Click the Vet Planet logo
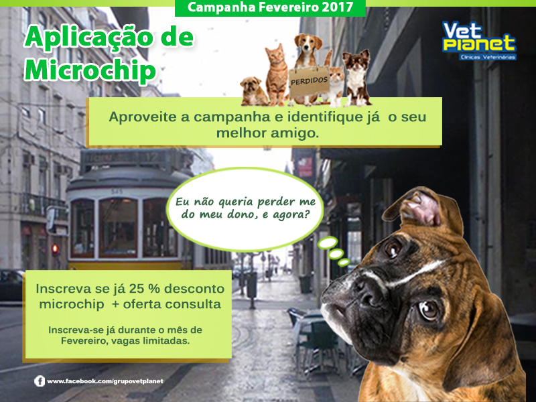click(479, 41)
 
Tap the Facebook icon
click(40, 381)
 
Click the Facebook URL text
click(105, 381)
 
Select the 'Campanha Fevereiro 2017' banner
click(270, 7)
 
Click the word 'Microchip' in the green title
click(90, 70)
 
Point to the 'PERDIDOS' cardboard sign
click(309, 81)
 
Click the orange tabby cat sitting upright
click(276, 74)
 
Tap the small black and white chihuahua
click(356, 78)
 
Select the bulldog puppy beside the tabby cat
click(253, 91)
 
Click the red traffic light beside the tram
click(55, 248)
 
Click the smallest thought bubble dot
click(343, 263)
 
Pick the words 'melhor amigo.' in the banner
click(267, 133)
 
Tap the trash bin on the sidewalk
click(252, 284)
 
